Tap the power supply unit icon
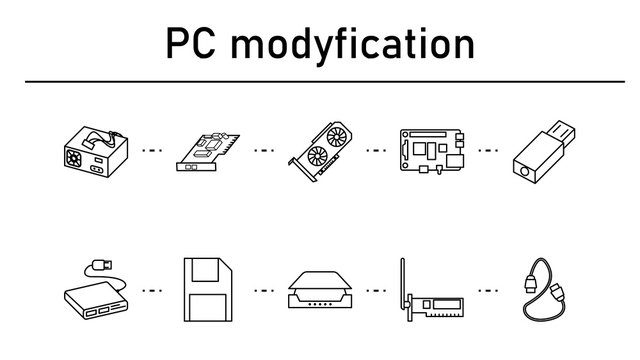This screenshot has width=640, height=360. pos(93,151)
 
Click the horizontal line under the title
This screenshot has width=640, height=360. pos(320,81)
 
